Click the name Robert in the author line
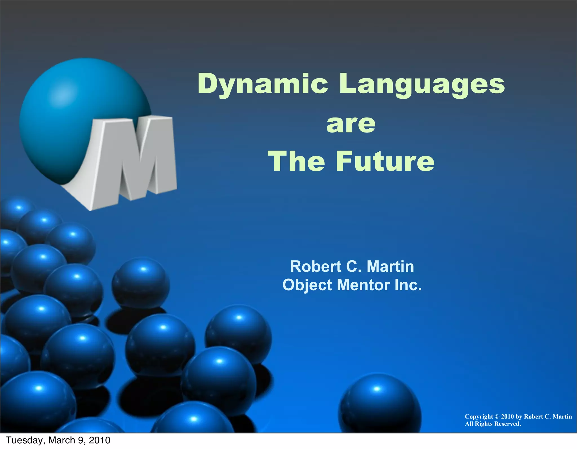[x=316, y=266]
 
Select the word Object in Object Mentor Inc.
[x=307, y=285]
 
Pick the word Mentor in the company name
[x=363, y=285]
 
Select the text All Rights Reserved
[x=493, y=424]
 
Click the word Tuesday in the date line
[x=24, y=440]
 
